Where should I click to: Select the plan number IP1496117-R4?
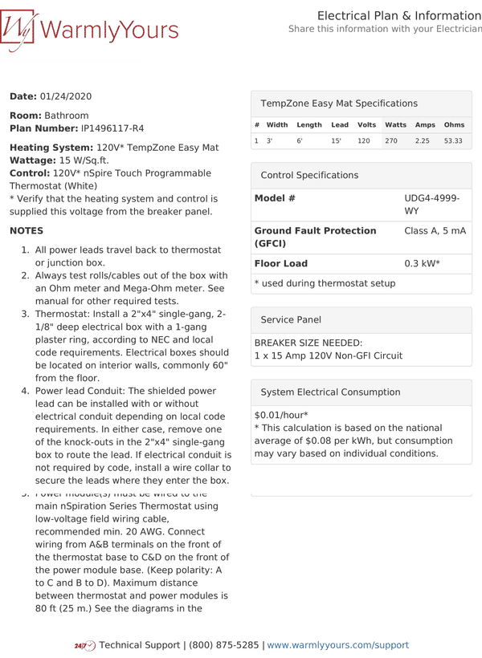[112, 128]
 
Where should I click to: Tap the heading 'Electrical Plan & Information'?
[398, 16]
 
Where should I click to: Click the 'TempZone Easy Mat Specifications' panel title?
[339, 104]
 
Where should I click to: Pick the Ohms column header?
[454, 125]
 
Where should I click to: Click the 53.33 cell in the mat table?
[453, 141]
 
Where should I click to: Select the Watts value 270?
[391, 141]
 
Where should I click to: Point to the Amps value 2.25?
[423, 141]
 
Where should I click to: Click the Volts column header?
[366, 125]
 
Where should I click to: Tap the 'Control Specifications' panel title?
[309, 175]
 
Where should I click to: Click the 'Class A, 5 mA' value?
[435, 231]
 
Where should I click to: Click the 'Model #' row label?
[275, 198]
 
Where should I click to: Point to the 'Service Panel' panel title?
[291, 319]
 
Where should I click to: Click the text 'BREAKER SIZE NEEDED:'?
[308, 343]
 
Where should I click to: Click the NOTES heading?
[27, 231]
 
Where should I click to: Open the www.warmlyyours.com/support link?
[337, 645]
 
